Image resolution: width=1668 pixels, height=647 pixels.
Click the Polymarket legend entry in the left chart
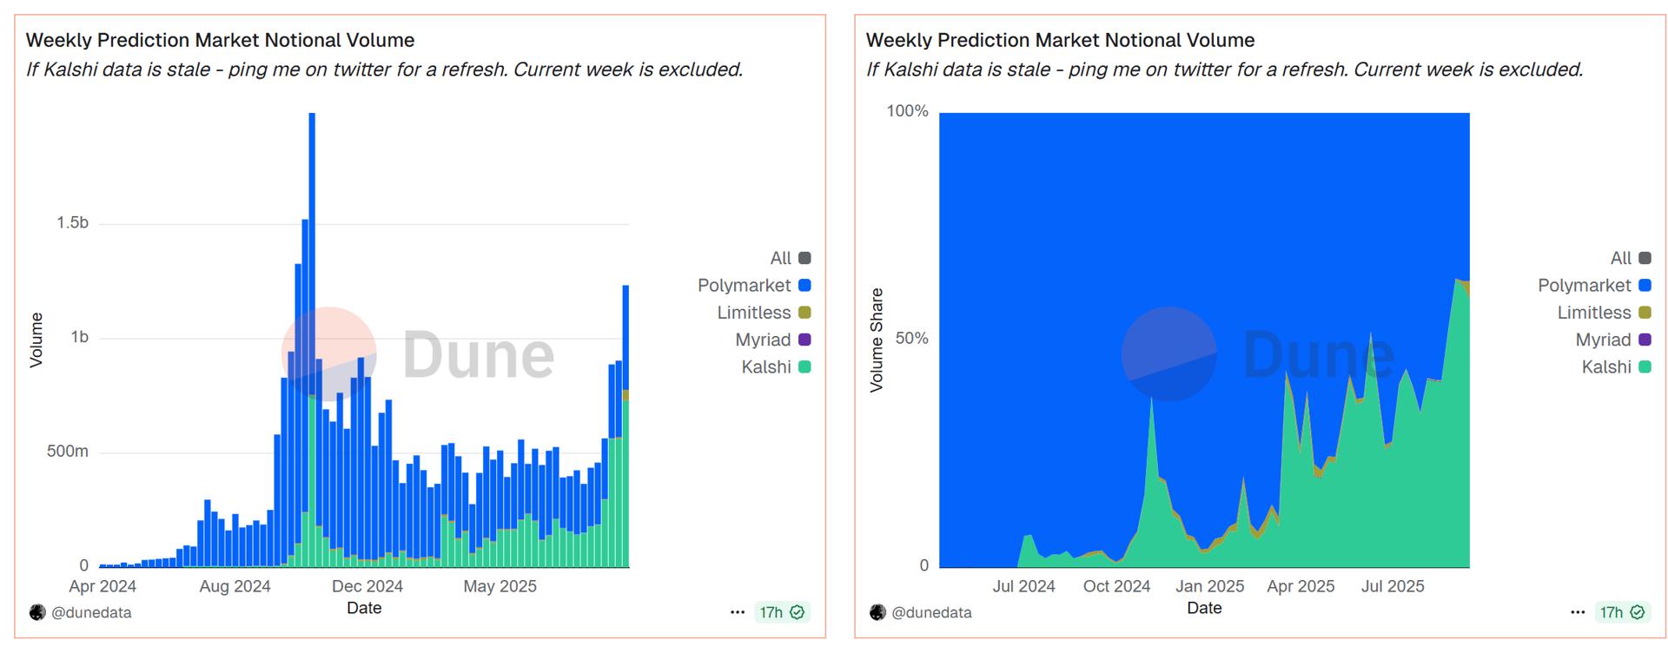click(x=753, y=285)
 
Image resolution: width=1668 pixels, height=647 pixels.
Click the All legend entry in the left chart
click(x=790, y=258)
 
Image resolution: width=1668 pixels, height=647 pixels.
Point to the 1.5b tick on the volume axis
click(x=73, y=223)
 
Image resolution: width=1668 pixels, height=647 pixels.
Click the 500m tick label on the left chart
click(x=68, y=452)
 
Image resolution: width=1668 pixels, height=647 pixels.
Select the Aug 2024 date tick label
click(x=235, y=586)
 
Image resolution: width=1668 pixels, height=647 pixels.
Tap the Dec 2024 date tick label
click(x=367, y=586)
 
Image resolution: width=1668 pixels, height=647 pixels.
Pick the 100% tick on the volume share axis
click(x=907, y=111)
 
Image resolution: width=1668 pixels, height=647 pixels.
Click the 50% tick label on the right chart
click(x=911, y=339)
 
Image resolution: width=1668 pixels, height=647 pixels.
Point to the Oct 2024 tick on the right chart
click(x=1116, y=586)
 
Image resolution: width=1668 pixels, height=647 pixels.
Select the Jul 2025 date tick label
click(x=1393, y=586)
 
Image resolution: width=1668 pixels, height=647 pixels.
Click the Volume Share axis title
click(x=877, y=340)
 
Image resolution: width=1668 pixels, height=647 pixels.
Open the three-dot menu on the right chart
click(x=1578, y=612)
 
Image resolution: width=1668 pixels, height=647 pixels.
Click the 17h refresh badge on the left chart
click(x=782, y=612)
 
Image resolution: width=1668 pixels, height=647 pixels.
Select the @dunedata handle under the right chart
click(x=930, y=612)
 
